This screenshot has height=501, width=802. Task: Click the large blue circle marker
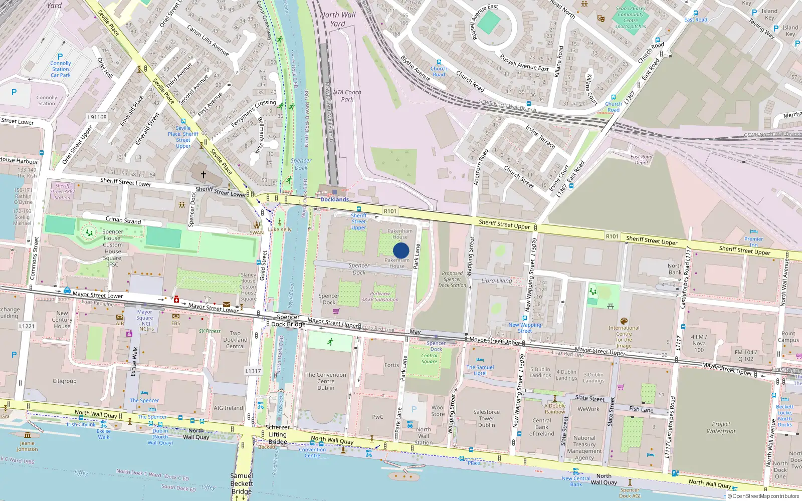401,250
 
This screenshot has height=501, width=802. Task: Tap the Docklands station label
334,199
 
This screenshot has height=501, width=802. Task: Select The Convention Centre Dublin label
326,381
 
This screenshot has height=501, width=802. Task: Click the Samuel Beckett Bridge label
242,483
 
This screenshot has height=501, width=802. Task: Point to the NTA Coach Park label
347,96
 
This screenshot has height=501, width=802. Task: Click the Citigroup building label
65,381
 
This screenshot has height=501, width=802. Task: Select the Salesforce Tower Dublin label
486,418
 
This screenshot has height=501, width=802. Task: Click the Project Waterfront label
721,427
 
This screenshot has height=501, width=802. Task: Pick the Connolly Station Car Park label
61,69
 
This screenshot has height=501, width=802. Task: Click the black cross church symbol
204,175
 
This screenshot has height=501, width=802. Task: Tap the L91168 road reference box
97,117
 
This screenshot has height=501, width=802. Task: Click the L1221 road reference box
27,326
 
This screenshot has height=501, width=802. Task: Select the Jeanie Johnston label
27,446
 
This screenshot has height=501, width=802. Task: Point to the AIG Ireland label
228,408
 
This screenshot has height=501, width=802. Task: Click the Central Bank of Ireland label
542,427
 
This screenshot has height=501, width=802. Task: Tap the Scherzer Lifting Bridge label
278,434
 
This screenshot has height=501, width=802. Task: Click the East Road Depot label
641,160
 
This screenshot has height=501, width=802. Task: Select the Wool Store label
438,411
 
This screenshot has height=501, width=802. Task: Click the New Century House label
62,320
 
